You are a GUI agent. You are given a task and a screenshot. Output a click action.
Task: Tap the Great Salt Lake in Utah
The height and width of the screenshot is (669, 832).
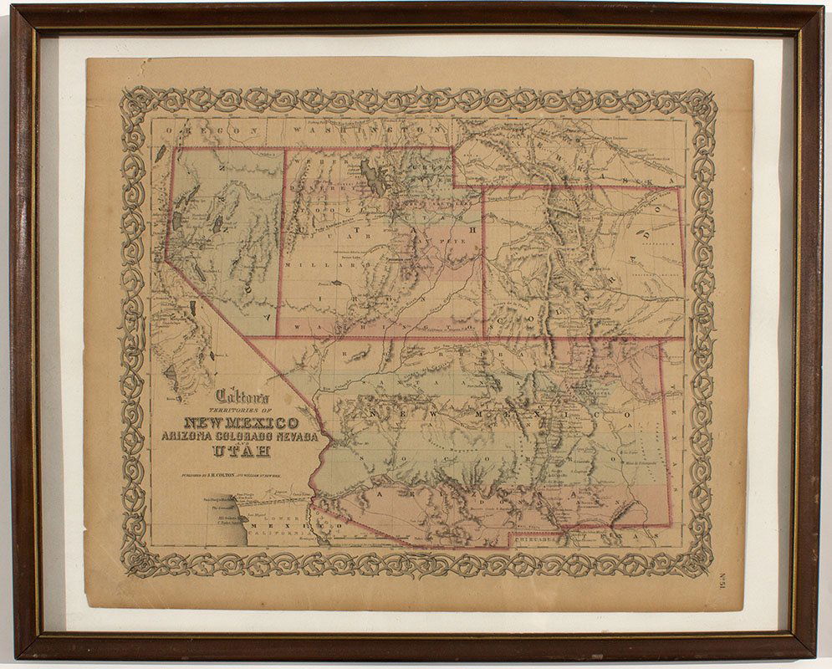[373, 178]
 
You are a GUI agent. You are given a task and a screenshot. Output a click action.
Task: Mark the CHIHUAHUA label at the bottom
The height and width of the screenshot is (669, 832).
[536, 539]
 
